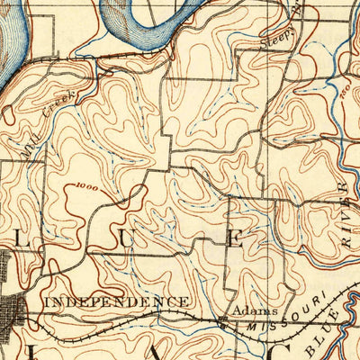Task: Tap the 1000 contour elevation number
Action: click(88, 186)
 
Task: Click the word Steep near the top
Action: click(274, 36)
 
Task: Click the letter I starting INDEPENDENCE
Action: click(47, 301)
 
